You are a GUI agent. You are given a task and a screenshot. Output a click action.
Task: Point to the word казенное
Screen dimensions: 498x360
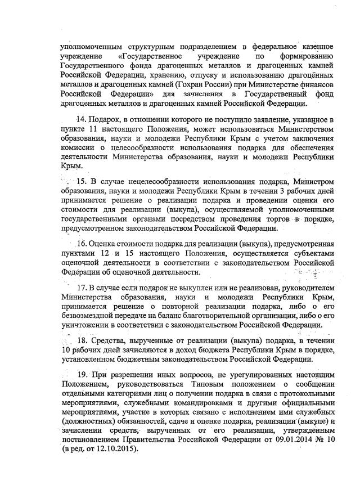coord(315,45)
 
